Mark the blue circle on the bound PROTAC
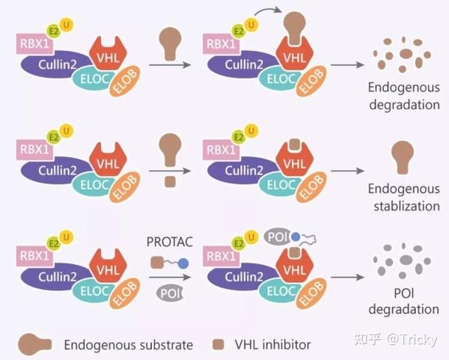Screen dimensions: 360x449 pyautogui.click(x=295, y=236)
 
